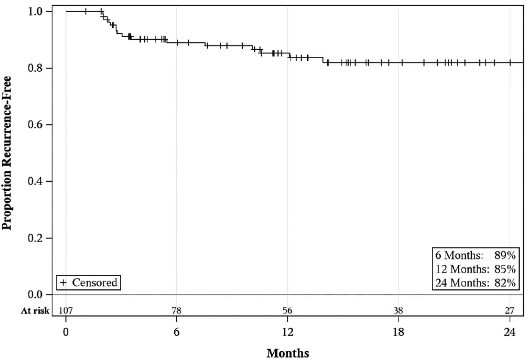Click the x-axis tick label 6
[x=176, y=332]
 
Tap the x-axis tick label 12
[x=287, y=332]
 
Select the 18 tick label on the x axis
[x=398, y=332]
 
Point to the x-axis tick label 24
[x=510, y=332]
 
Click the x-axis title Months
[x=288, y=353]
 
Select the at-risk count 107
[x=66, y=311]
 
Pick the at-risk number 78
[x=176, y=311]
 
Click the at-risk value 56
[x=287, y=311]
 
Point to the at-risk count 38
[x=398, y=311]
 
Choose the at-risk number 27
[x=510, y=311]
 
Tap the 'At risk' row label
[x=35, y=311]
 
